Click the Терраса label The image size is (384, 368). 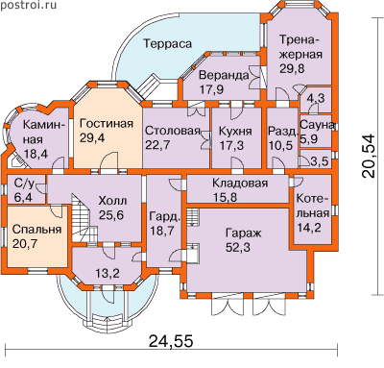[167, 43]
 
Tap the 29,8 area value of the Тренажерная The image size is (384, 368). [292, 68]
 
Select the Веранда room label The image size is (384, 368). [224, 75]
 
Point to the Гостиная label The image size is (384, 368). [107, 124]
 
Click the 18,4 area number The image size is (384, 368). [36, 154]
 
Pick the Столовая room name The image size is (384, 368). [173, 131]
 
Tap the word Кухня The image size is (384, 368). [235, 131]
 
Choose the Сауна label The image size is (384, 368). [317, 125]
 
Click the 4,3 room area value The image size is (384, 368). [315, 98]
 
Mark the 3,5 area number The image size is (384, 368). [320, 161]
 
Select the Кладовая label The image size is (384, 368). [240, 184]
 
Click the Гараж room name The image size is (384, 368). [243, 233]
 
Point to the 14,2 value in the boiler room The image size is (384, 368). [309, 227]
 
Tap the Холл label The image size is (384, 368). [112, 201]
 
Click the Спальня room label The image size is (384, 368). [36, 230]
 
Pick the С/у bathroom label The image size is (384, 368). [24, 184]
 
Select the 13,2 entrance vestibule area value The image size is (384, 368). [108, 273]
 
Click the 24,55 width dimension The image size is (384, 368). [171, 341]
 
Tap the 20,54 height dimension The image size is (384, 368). [368, 156]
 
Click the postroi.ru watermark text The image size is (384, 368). [29, 5]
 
